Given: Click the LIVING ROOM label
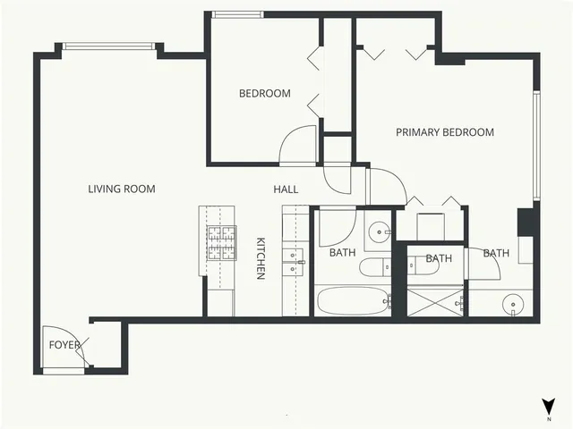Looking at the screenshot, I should [122, 189].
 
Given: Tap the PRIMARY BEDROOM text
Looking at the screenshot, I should [445, 132].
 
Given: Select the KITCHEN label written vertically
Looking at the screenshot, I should [261, 258].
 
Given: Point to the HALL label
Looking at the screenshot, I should [286, 189].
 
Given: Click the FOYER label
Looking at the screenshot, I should [64, 344].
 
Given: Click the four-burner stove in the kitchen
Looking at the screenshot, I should [221, 241].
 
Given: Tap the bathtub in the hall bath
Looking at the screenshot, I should [352, 301].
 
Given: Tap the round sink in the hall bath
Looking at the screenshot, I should [381, 232].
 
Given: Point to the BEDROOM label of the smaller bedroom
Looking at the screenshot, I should [264, 94].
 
